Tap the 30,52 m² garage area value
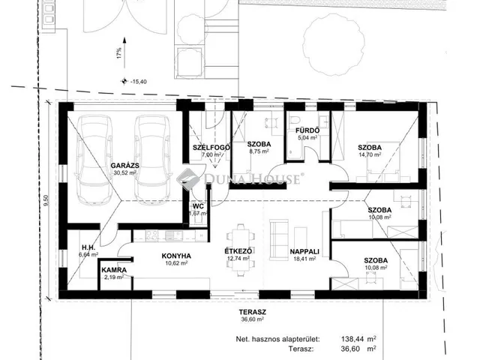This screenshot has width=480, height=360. tap(125, 172)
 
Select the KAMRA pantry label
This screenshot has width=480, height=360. tap(114, 270)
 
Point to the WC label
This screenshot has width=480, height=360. tap(198, 206)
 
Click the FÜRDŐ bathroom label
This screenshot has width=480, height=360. tap(307, 130)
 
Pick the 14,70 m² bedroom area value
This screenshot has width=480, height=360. tap(370, 154)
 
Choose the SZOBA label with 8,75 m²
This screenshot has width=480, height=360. tap(259, 144)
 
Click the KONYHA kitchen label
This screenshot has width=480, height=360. tap(176, 256)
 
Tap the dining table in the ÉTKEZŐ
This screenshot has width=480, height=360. tap(240, 250)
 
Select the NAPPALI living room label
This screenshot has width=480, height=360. tap(304, 252)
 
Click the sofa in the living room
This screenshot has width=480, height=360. tap(279, 240)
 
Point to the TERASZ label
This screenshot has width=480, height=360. tap(253, 312)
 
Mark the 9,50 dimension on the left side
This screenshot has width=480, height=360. tap(46, 200)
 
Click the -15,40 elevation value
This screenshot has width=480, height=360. tap(139, 82)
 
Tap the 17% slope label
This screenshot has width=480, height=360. tap(119, 53)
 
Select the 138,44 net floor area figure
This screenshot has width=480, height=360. tap(352, 339)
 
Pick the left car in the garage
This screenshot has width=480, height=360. tap(95, 160)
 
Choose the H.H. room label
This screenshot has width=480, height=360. tap(88, 247)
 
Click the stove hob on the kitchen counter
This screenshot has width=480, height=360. tap(151, 235)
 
